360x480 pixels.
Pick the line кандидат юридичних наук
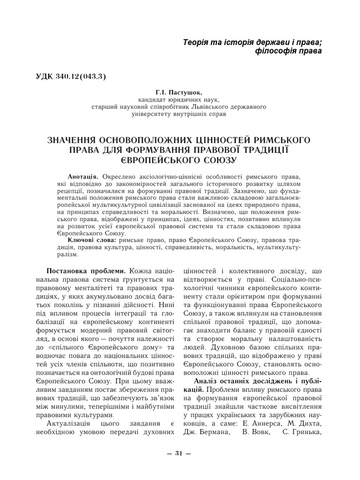tap(179, 100)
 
